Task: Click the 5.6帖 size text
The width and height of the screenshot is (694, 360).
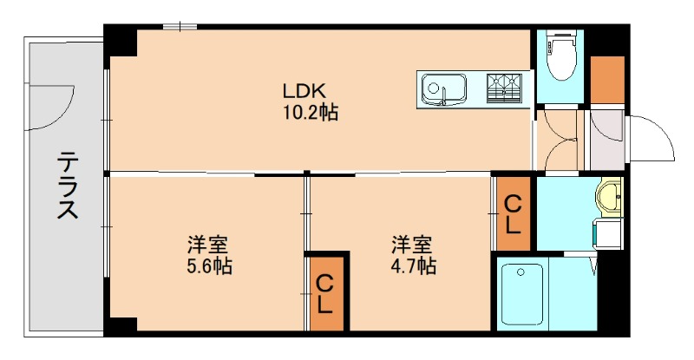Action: [209, 265]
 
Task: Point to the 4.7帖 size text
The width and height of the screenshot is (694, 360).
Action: [412, 265]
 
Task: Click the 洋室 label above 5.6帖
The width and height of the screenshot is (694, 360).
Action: [209, 244]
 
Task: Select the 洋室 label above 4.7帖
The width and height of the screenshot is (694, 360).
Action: [412, 244]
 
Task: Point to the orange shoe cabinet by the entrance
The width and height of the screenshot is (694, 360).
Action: [606, 79]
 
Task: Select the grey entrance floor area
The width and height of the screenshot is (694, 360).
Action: [606, 139]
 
